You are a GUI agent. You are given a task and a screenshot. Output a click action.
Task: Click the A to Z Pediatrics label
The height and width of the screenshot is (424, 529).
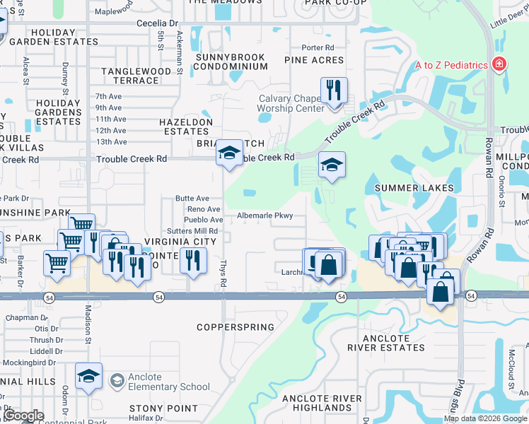pyautogui.click(x=450, y=65)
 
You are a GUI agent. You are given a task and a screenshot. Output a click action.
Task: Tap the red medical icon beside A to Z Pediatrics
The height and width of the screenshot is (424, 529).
pyautogui.click(x=499, y=65)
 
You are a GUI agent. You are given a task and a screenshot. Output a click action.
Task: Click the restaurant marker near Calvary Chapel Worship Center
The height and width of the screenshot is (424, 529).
pyautogui.click(x=334, y=90)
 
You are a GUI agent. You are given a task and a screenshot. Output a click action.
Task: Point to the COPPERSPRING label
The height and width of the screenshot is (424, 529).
pyautogui.click(x=235, y=327)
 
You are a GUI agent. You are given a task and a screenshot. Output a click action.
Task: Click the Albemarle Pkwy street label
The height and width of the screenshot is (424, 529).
pyautogui.click(x=264, y=216)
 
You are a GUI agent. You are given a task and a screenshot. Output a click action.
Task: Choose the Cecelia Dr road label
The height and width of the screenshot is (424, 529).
pyautogui.click(x=156, y=23)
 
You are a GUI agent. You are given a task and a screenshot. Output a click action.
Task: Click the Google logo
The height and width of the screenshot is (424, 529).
pyautogui.click(x=23, y=416)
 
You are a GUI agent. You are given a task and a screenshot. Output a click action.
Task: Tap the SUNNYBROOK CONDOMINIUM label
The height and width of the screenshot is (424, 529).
pyautogui.click(x=222, y=61)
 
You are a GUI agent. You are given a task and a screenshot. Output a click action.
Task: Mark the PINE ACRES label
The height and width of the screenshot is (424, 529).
pyautogui.click(x=314, y=61)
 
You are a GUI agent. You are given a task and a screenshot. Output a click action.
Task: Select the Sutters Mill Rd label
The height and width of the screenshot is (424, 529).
pyautogui.click(x=192, y=231)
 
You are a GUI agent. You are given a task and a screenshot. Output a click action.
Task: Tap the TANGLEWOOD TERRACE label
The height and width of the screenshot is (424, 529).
pyautogui.click(x=136, y=76)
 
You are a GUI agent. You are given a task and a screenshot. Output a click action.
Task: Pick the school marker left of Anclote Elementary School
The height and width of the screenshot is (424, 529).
pyautogui.click(x=89, y=375)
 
